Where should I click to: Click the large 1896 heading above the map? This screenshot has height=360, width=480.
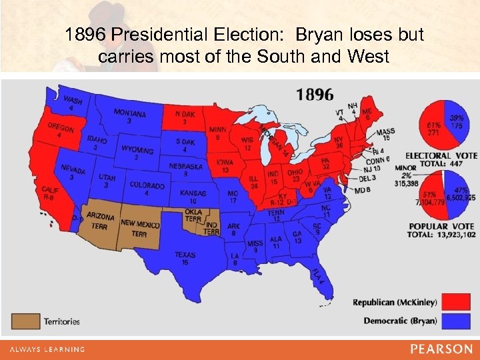(x=315, y=95)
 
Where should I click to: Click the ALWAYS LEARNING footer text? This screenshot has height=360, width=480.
(x=47, y=349)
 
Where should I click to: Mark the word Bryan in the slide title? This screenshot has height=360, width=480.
(x=303, y=35)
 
